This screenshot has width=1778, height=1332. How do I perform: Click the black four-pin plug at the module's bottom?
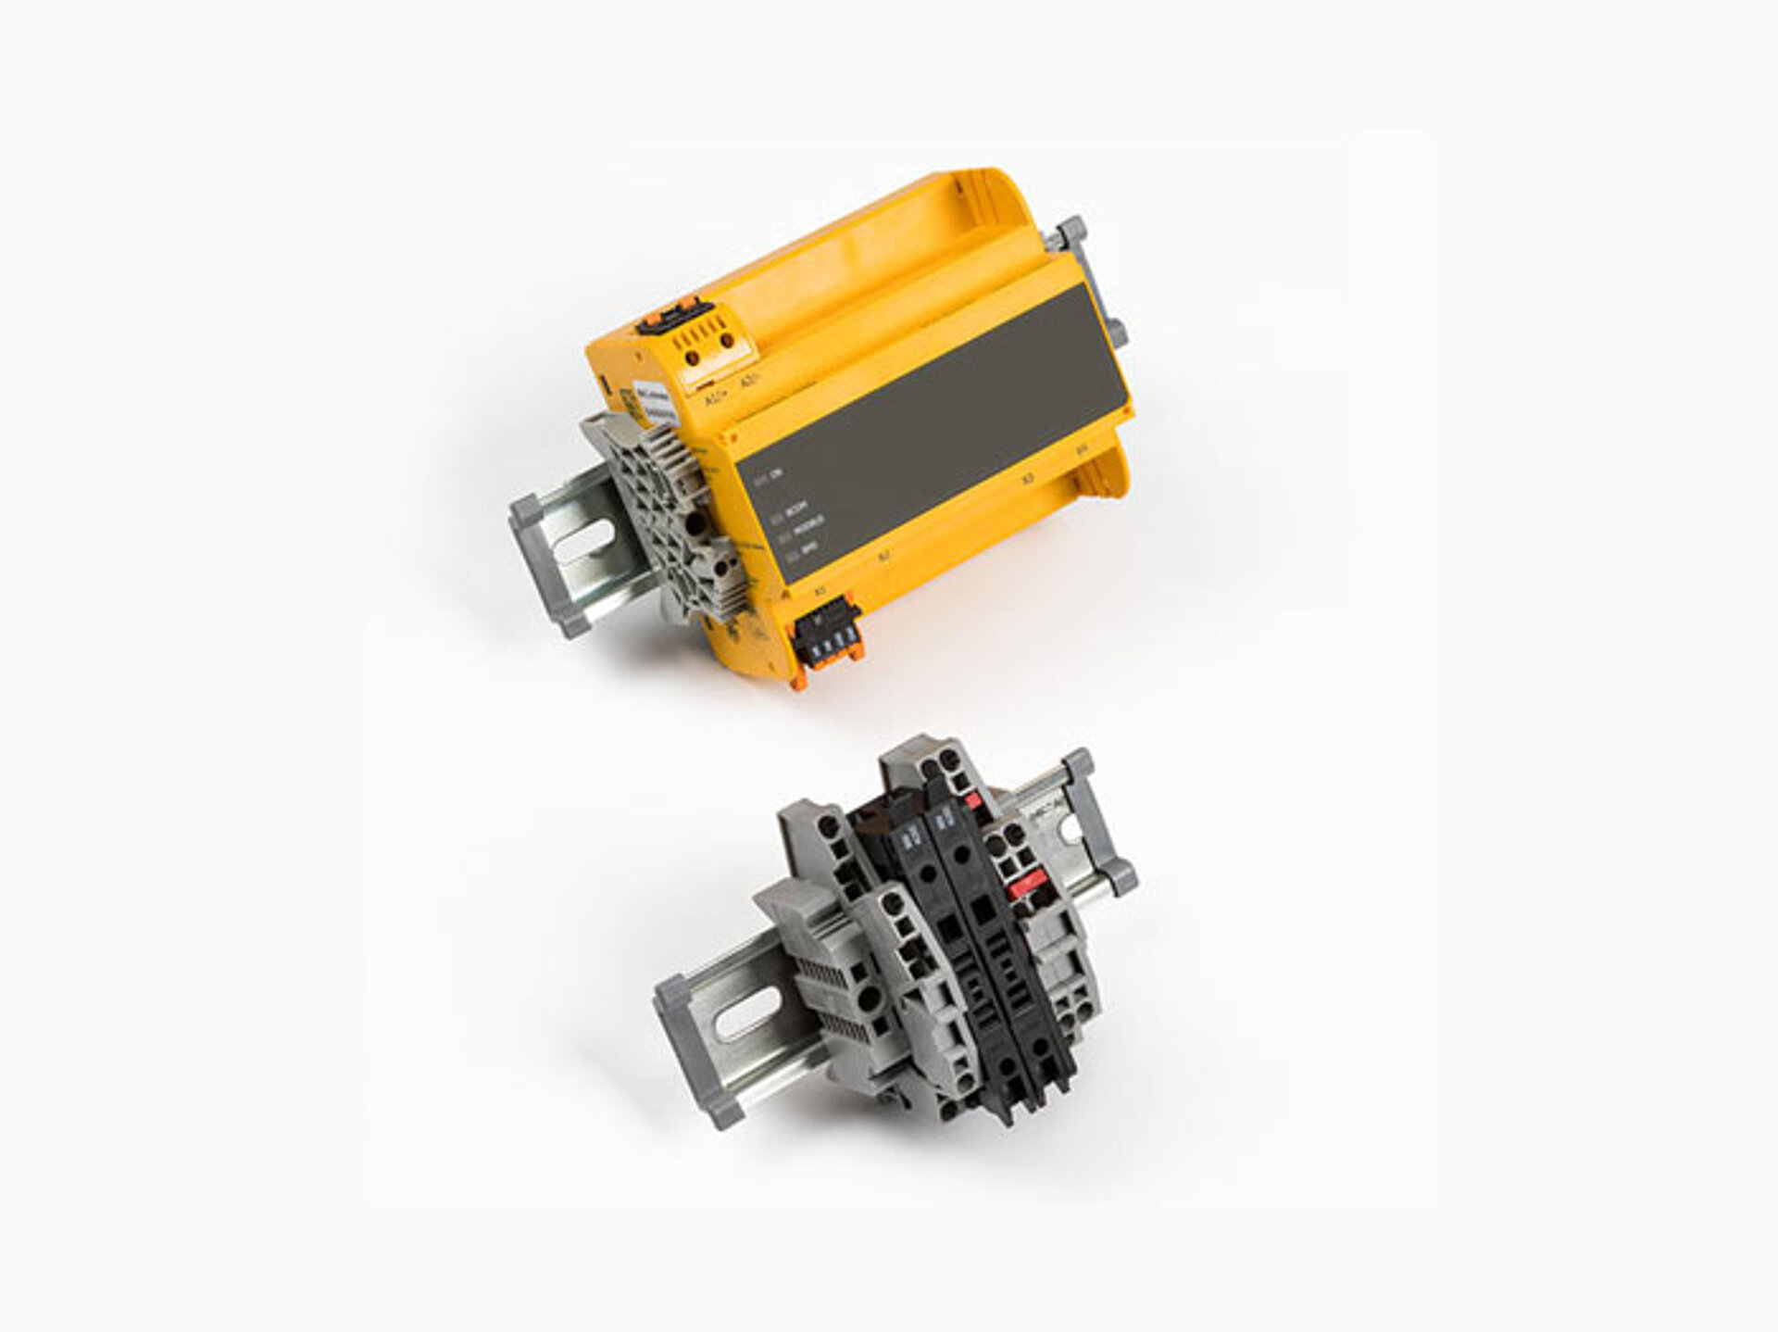[822, 636]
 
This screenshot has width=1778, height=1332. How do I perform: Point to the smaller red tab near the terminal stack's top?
[970, 798]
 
